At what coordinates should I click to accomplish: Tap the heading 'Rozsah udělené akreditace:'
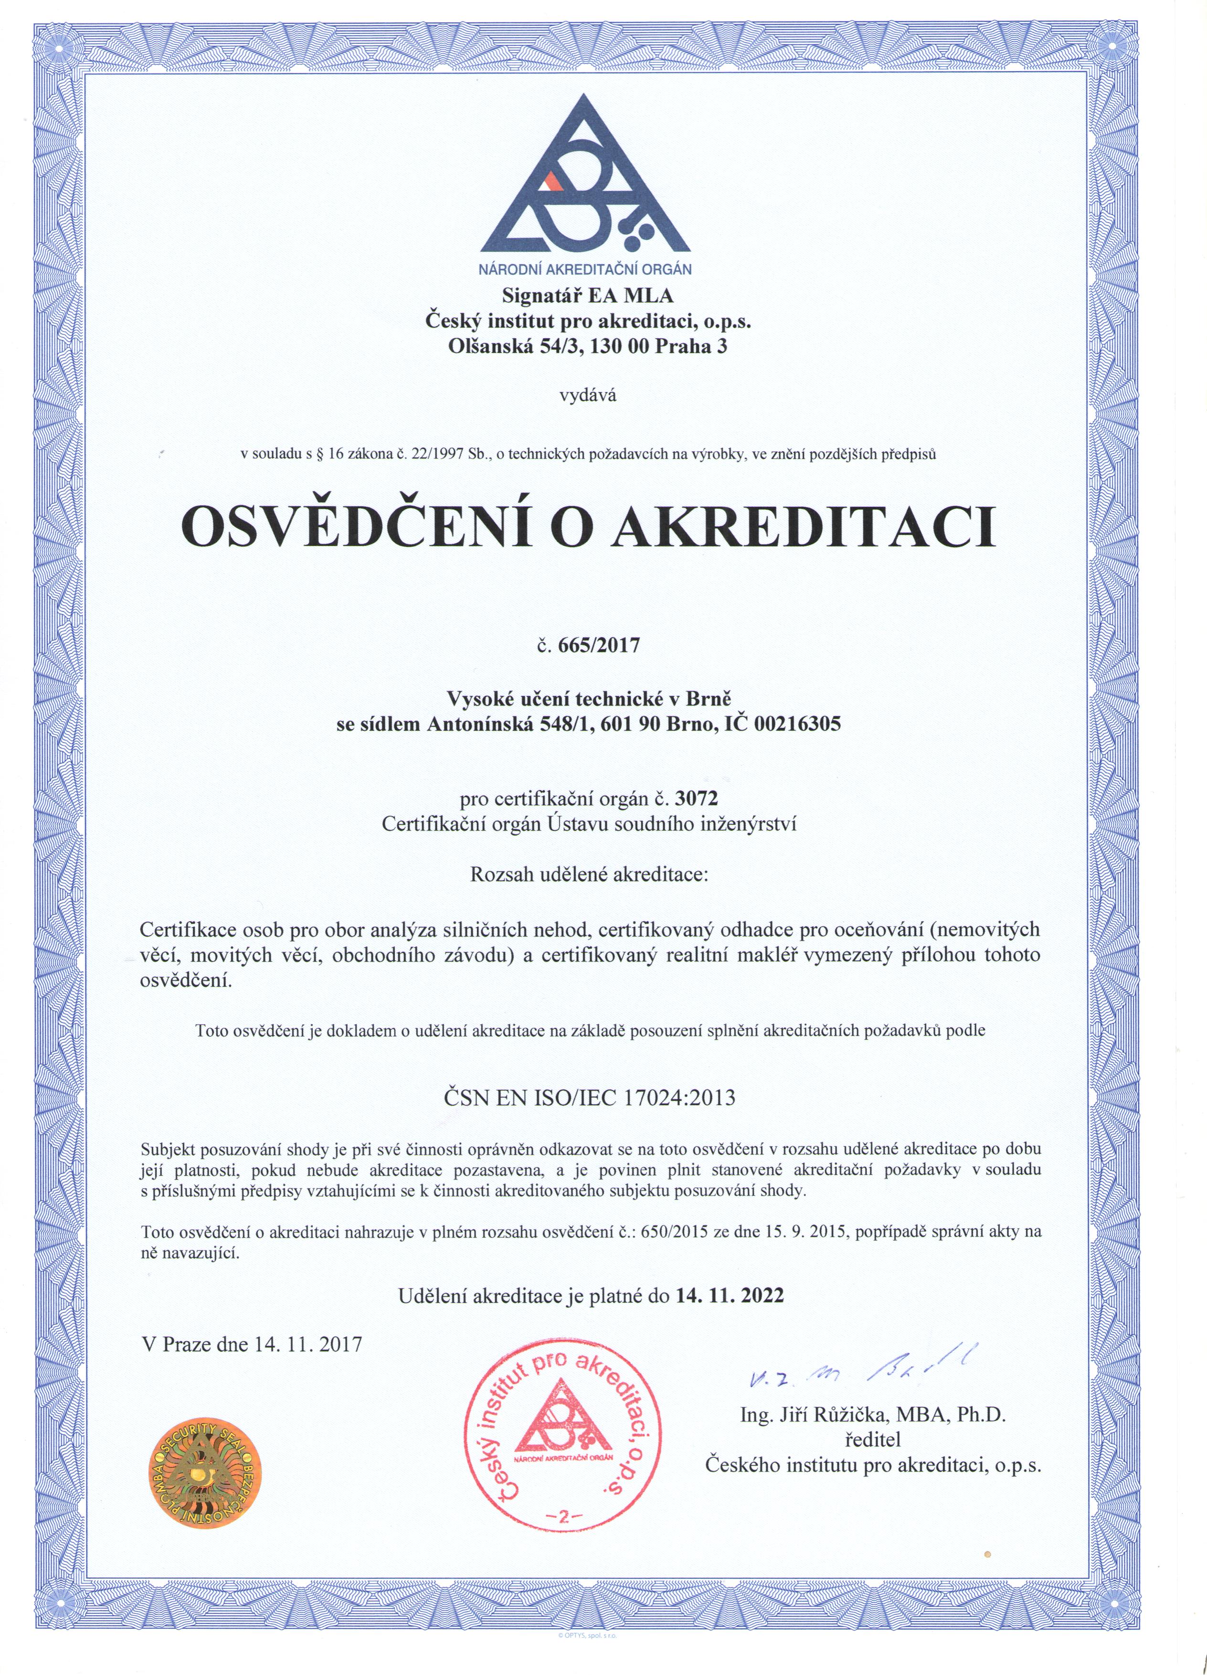pyautogui.click(x=588, y=876)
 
